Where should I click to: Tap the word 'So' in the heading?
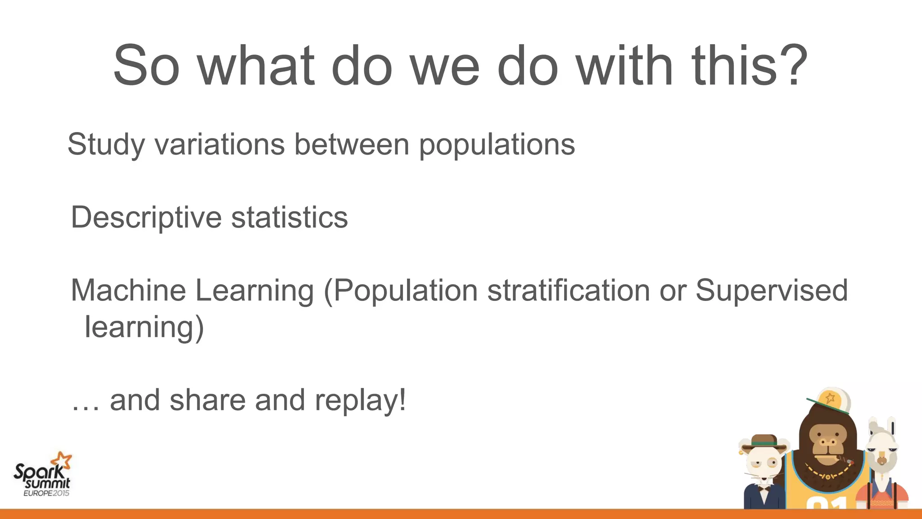coord(146,66)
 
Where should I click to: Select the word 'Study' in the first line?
coord(106,145)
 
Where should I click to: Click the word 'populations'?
coord(497,145)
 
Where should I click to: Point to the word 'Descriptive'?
coord(146,218)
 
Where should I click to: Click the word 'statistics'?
coord(289,218)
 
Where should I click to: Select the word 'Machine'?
coord(128,291)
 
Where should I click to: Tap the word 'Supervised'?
coord(771,291)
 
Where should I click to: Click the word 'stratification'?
coord(569,291)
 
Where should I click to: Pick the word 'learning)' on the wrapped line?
coord(144,328)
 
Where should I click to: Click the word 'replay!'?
coord(360,401)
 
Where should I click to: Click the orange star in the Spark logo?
coord(62,461)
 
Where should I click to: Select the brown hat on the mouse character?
coord(764,442)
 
